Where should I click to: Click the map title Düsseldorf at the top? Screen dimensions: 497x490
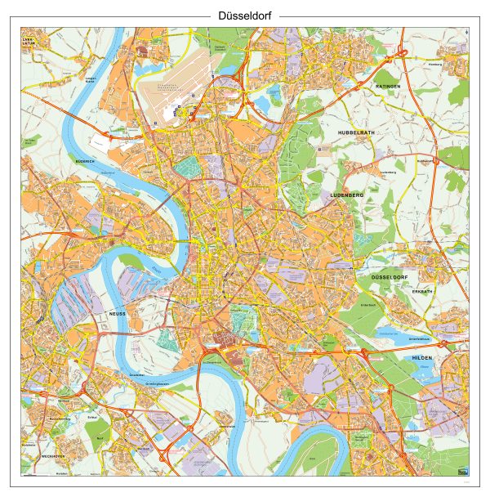[x=245, y=16]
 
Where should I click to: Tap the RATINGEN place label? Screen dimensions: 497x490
[x=388, y=86]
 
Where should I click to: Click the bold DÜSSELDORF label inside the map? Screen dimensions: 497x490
[x=389, y=278]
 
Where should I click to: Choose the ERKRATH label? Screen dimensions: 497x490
[x=421, y=291]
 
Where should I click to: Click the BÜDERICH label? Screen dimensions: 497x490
[x=85, y=162]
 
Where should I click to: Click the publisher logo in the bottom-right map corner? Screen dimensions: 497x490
[x=464, y=470]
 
